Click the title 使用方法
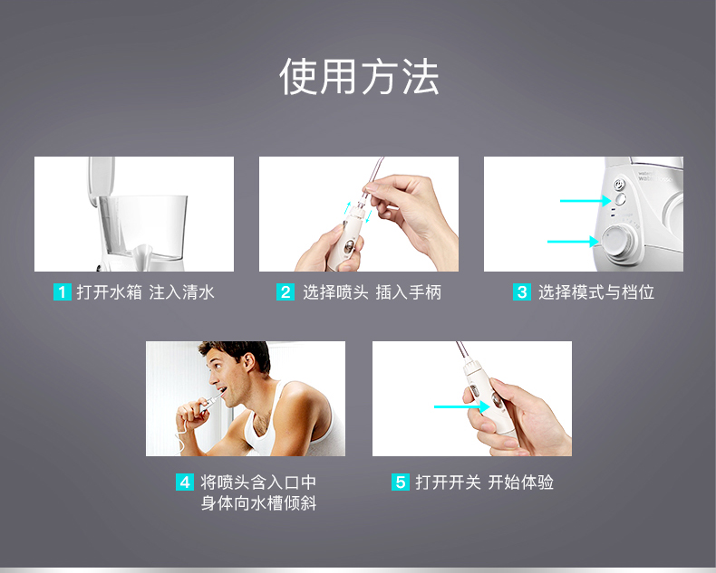click(x=359, y=77)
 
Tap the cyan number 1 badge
click(x=63, y=292)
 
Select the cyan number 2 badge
click(x=285, y=292)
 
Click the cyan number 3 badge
click(x=522, y=292)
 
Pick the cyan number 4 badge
click(x=185, y=482)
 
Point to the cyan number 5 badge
click(x=401, y=482)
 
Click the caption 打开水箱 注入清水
click(x=145, y=292)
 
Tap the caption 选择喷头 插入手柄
click(x=373, y=292)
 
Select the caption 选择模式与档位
click(x=596, y=292)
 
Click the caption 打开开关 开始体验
click(x=485, y=482)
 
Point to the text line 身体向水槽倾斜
click(x=259, y=503)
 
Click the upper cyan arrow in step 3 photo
click(x=585, y=200)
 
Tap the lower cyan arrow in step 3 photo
click(x=573, y=242)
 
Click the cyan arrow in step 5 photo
click(x=461, y=406)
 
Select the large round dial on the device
click(x=618, y=240)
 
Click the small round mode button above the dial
click(x=620, y=199)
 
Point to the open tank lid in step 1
click(x=102, y=179)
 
